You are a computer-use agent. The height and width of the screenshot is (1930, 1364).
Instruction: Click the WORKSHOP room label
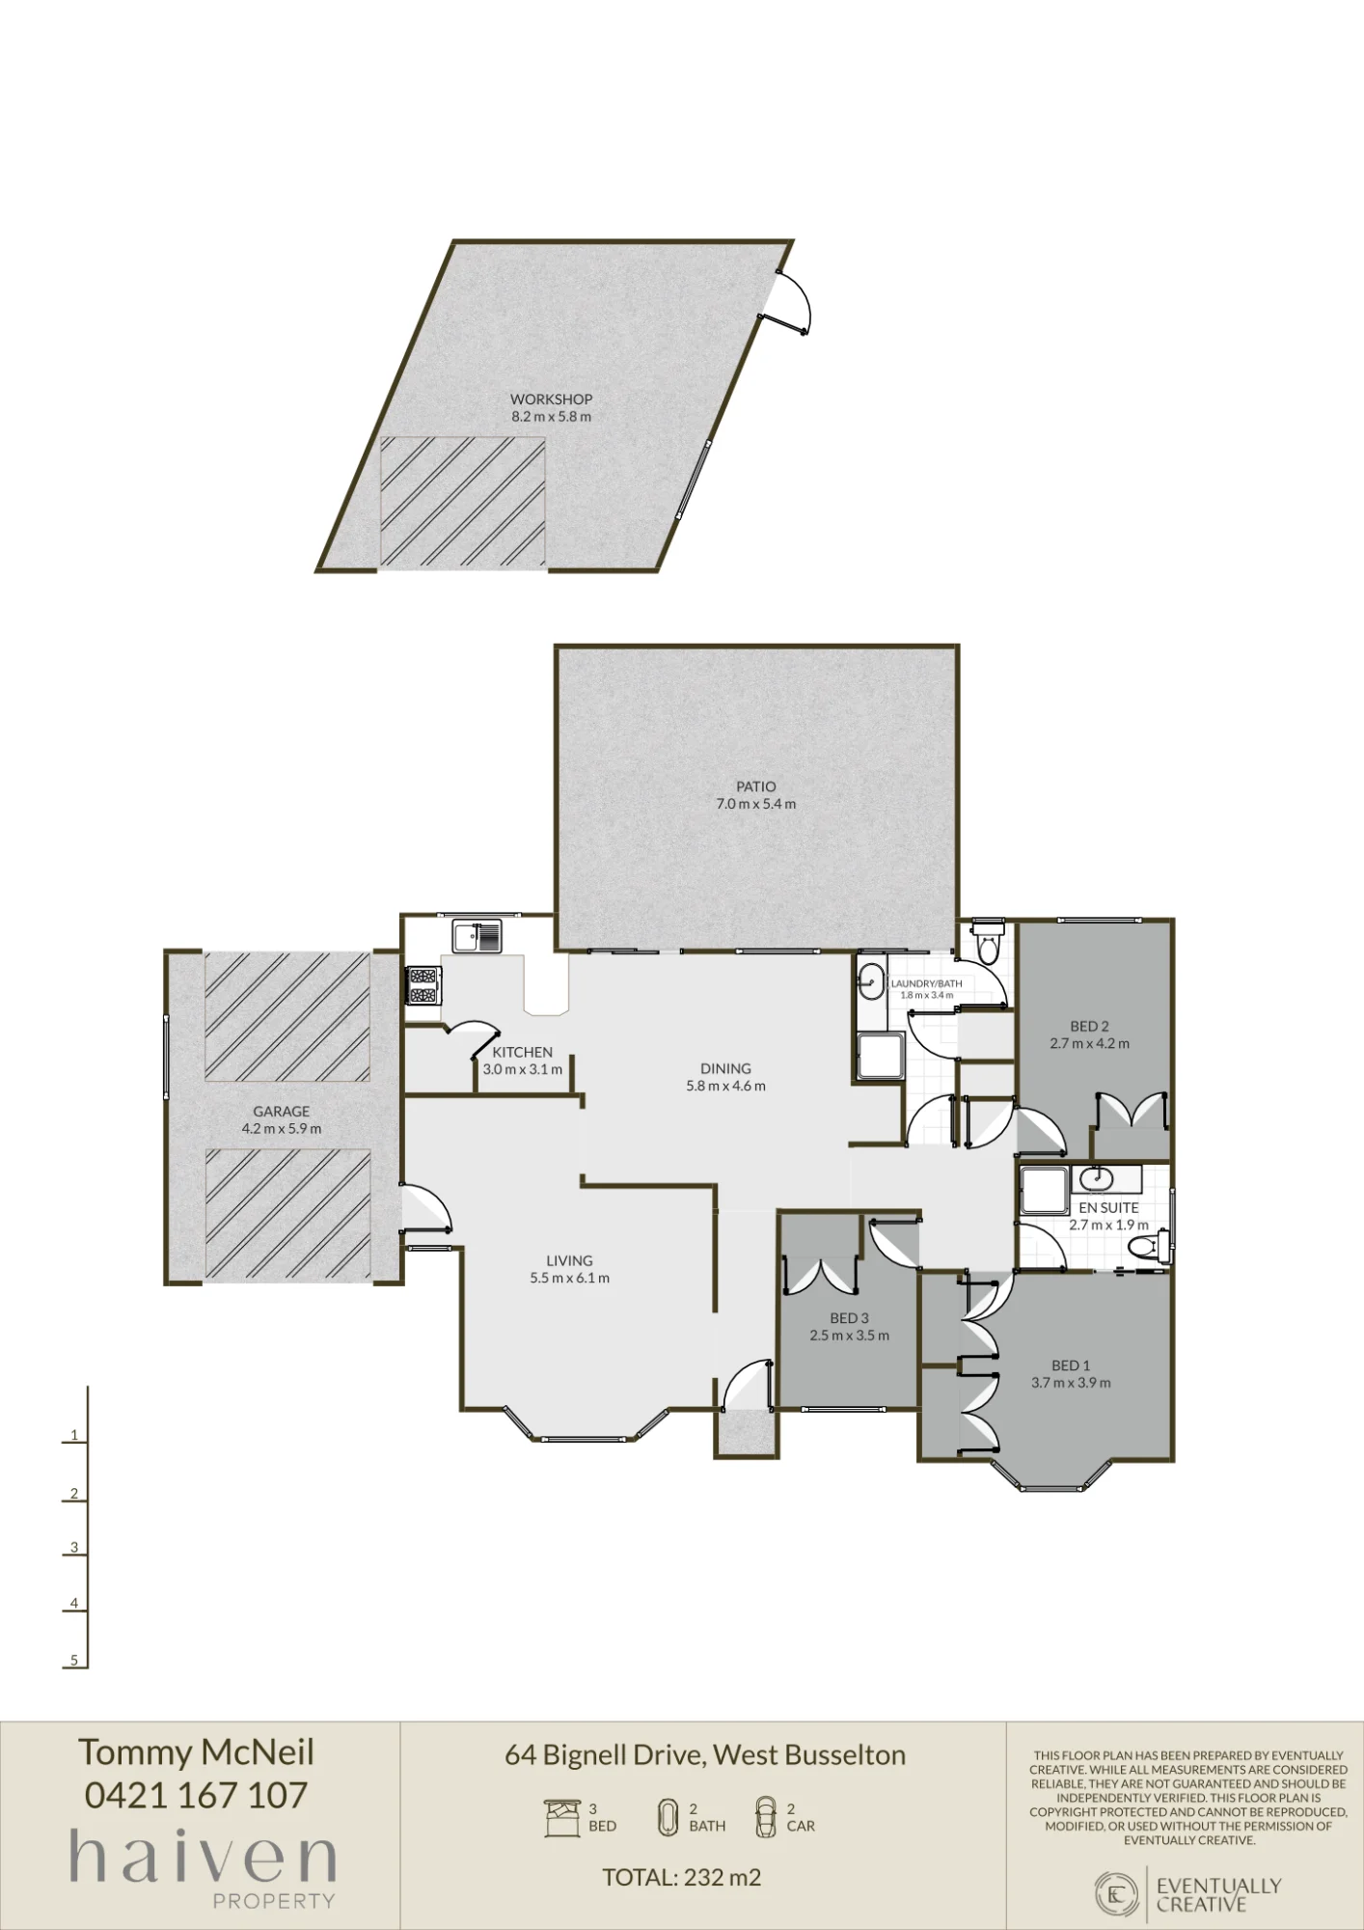pos(551,399)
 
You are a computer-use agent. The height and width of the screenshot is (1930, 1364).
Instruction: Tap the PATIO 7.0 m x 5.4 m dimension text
pos(756,804)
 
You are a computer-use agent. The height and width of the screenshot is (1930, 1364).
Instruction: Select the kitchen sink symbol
pos(477,936)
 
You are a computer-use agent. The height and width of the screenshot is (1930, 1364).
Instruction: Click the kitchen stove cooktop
pos(423,986)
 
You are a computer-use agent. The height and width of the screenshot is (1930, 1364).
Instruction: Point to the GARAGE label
pos(282,1111)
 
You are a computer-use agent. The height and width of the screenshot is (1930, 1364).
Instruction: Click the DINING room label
pos(725,1068)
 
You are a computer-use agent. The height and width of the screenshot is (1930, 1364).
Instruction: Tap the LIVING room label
pos(569,1260)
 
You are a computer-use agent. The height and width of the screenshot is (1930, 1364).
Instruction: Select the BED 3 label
pos(850,1318)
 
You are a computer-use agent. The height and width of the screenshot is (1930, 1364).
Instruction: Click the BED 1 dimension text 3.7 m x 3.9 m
pos(1071,1383)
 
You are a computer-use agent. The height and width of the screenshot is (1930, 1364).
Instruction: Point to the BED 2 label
pos(1090,1027)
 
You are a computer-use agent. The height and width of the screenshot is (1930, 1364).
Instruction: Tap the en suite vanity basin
pos(1095,1178)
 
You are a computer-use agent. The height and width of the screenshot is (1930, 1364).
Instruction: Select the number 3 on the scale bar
pos(74,1548)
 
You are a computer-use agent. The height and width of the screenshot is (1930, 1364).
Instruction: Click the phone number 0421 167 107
pos(197,1795)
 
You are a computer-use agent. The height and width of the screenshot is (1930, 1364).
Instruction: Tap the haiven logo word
pos(203,1858)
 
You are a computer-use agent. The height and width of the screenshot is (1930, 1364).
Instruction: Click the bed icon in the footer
pos(562,1818)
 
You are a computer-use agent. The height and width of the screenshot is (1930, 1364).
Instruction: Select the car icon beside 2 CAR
pos(765,1817)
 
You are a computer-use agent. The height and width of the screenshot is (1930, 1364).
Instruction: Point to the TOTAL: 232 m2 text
pos(682,1878)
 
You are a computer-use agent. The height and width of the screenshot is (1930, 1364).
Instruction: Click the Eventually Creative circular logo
pos(1117,1894)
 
